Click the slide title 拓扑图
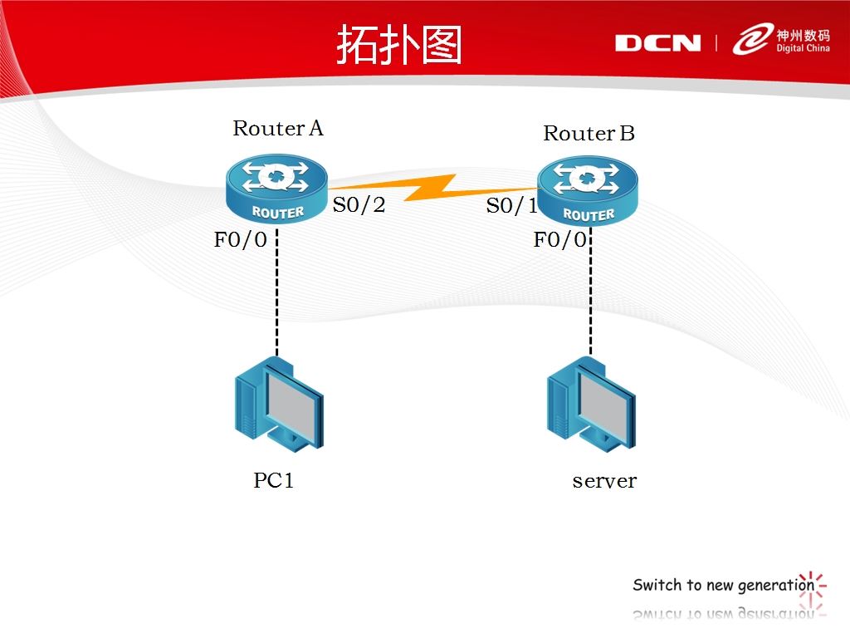(398, 45)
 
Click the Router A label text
(277, 128)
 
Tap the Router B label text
(589, 133)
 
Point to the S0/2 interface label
(359, 204)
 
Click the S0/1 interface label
(511, 206)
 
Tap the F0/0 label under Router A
(241, 240)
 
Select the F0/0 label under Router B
(559, 240)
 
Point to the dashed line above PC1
(276, 291)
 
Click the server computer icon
(591, 403)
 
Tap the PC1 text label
(274, 480)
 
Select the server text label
(604, 480)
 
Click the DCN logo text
(657, 43)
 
